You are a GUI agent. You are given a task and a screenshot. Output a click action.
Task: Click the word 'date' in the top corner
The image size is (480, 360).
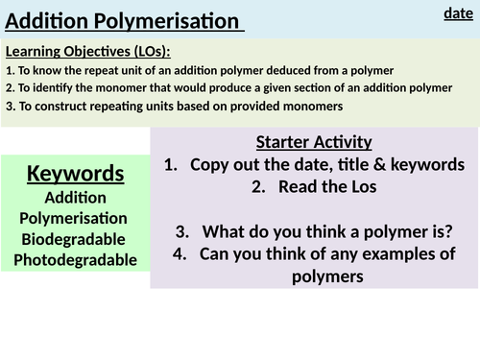[458, 12]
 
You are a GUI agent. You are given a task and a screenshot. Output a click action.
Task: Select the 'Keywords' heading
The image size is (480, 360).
[75, 173]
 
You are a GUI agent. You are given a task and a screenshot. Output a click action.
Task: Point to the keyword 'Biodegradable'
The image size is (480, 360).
[75, 238]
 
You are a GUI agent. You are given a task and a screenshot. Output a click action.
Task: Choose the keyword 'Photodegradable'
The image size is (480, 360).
[75, 259]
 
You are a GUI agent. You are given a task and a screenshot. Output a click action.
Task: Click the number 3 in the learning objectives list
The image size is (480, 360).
[9, 107]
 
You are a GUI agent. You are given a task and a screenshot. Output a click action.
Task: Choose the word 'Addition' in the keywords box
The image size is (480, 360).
[75, 196]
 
